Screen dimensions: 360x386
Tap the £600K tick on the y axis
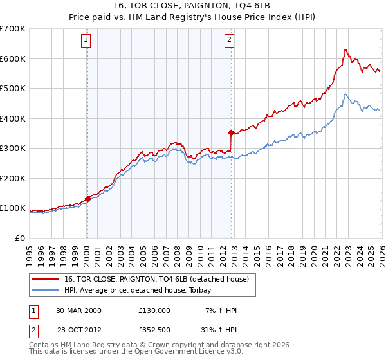tap(12, 59)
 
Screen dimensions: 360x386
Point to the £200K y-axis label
tap(12, 178)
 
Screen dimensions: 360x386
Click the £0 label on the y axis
tap(19, 238)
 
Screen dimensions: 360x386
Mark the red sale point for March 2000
tap(87, 199)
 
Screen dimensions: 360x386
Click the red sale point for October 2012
tap(231, 132)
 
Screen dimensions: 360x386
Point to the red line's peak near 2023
tap(345, 50)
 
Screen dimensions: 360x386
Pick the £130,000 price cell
tap(154, 310)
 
